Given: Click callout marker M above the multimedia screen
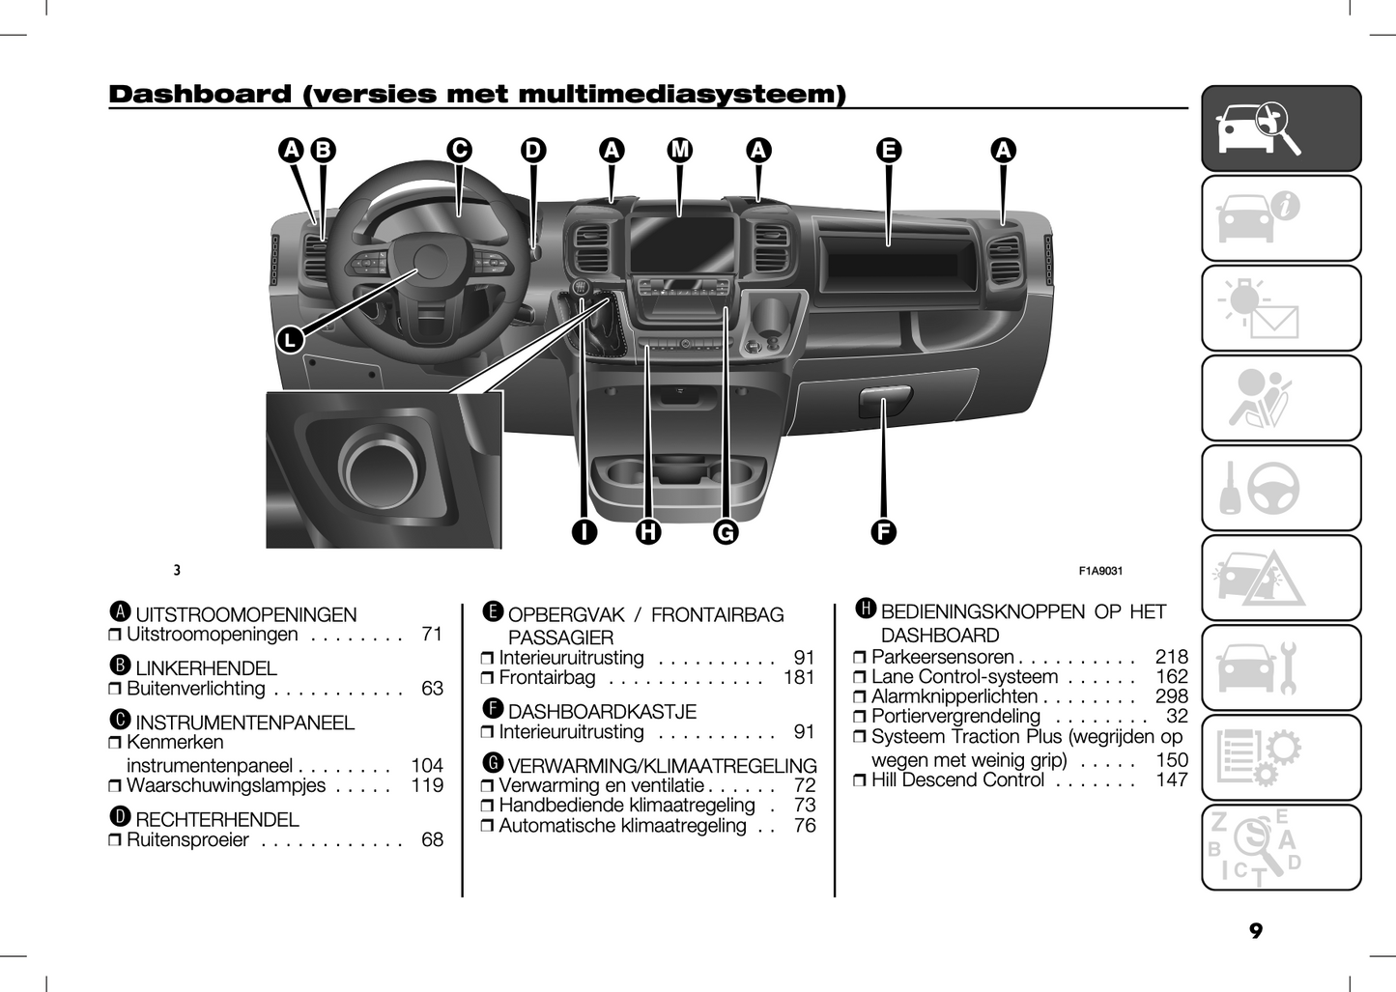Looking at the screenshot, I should (x=680, y=150).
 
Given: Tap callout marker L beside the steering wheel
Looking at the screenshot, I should (x=290, y=339).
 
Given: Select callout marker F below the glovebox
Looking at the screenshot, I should (x=883, y=531).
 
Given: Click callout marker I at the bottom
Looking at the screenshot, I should (x=584, y=531).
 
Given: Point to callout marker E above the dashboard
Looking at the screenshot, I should (x=889, y=150).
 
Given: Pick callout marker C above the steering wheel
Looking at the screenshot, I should (x=459, y=150).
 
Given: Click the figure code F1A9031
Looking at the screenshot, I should (x=1100, y=571).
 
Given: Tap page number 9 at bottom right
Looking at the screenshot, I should (x=1255, y=931).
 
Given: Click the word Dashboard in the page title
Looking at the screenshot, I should (x=199, y=95).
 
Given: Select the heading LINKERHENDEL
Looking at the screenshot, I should (x=206, y=668).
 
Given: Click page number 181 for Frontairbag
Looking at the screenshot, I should (x=799, y=678).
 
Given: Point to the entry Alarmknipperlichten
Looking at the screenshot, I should (x=954, y=696).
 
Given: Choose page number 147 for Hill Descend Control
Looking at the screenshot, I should (x=1171, y=780).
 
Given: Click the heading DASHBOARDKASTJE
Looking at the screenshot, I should (x=601, y=712).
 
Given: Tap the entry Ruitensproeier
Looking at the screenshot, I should (x=187, y=840).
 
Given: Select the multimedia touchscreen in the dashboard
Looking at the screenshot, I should (x=682, y=244).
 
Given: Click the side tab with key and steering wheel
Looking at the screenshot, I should (x=1280, y=489).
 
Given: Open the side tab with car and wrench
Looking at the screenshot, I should (x=1280, y=668).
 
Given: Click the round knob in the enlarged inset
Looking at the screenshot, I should (x=380, y=468).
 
